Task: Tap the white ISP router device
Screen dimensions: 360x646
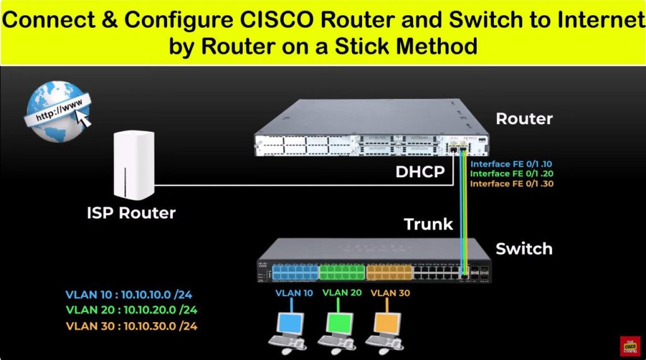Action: click(x=134, y=165)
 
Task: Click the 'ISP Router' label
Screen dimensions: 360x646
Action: click(x=131, y=213)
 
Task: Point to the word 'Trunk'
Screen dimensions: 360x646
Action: click(x=428, y=224)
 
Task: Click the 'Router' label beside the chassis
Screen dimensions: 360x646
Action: click(x=524, y=119)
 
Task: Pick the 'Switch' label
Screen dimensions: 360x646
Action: click(x=524, y=248)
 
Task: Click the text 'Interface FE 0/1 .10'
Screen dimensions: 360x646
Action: click(x=512, y=164)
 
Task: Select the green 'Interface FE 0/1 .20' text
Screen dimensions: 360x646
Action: click(x=512, y=173)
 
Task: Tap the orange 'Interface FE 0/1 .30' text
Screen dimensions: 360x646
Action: click(x=512, y=183)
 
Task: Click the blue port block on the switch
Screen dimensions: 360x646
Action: click(x=296, y=272)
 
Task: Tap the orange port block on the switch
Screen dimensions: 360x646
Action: click(x=389, y=272)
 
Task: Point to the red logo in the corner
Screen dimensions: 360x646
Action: click(x=630, y=345)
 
